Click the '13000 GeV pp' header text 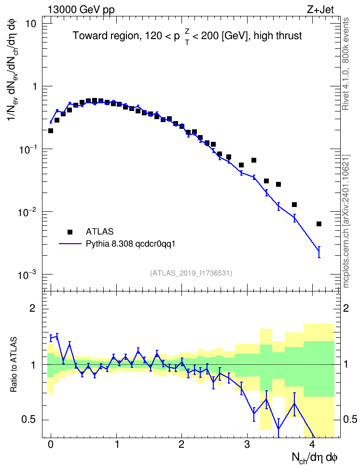(x=81, y=10)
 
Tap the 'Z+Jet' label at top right (x=320, y=10)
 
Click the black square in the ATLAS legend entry (x=70, y=232)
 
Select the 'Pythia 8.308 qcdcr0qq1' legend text (x=130, y=244)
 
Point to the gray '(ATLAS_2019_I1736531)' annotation (x=191, y=273)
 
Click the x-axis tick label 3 (x=247, y=444)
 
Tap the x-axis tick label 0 (x=51, y=444)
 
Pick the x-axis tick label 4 (x=312, y=444)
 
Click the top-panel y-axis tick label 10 (x=30, y=24)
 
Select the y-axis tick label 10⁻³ (x=27, y=274)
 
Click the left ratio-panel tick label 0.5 (x=28, y=420)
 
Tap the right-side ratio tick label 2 (x=346, y=308)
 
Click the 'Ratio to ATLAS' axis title (x=14, y=365)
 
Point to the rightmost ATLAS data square (x=319, y=224)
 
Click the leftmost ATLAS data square (x=51, y=131)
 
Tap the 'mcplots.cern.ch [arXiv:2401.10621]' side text (x=346, y=221)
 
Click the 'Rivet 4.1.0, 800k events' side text (x=346, y=64)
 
